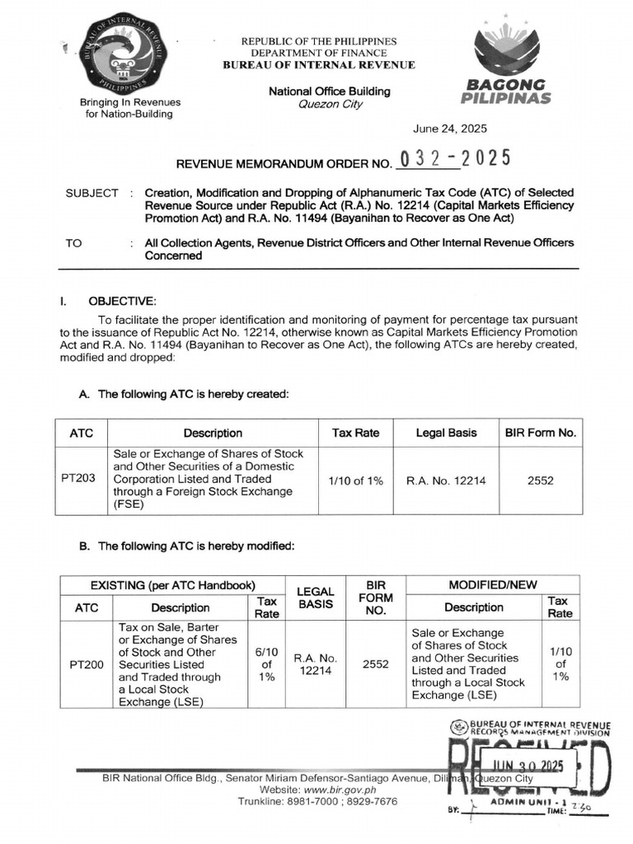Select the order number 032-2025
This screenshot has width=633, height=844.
tap(453, 159)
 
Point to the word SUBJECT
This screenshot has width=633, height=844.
tap(91, 193)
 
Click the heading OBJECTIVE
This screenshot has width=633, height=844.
tap(121, 302)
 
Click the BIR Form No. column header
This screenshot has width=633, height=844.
tap(541, 433)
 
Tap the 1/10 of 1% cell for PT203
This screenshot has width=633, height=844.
tap(355, 481)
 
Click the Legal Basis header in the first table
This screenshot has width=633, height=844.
tap(446, 433)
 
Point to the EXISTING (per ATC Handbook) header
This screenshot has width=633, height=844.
tap(171, 585)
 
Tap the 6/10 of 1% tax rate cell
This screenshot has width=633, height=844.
tap(266, 664)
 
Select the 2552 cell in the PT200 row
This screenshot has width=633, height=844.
tap(376, 664)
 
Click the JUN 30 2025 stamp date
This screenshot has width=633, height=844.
tap(527, 767)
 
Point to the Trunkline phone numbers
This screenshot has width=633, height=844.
tap(317, 801)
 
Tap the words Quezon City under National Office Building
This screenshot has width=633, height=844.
tap(329, 105)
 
